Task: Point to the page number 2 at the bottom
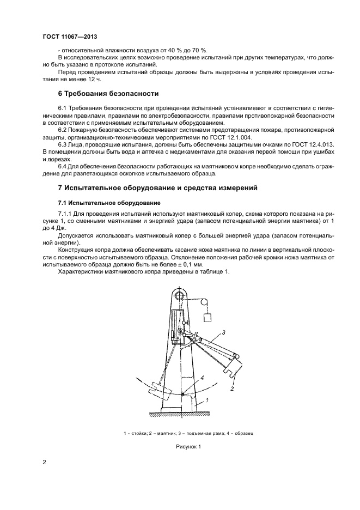point(44,463)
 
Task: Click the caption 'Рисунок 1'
point(188,447)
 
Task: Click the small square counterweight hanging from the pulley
point(208,318)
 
